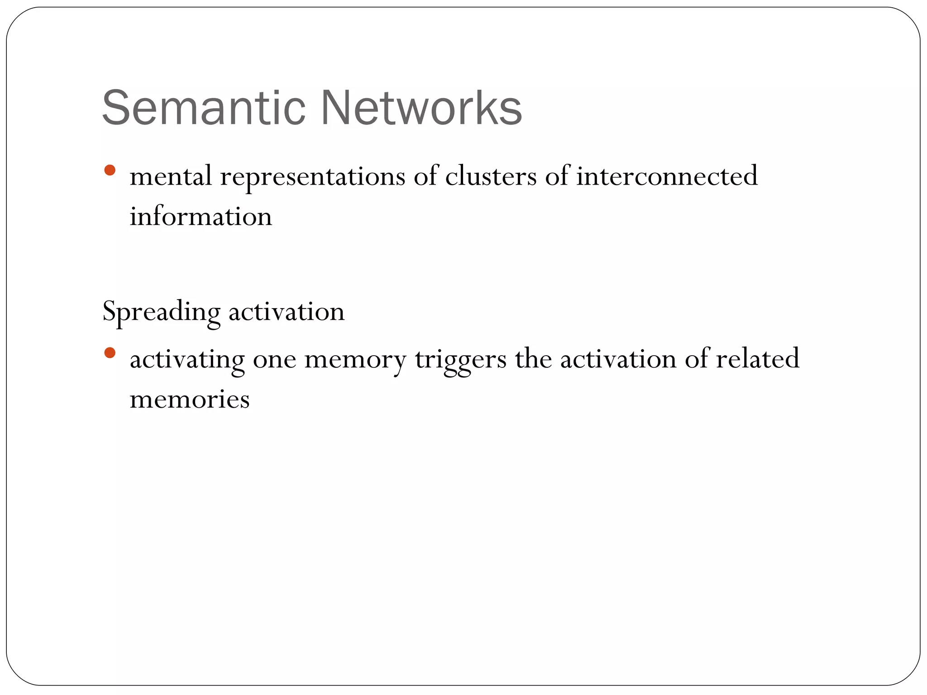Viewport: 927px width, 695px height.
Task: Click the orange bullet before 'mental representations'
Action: click(110, 171)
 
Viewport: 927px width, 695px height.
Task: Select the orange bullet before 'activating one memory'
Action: click(110, 352)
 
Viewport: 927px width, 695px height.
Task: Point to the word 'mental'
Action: click(170, 176)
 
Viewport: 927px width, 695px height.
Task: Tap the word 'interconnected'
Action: click(666, 176)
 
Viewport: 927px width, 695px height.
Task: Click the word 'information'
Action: click(201, 216)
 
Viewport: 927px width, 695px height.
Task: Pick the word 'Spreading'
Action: click(161, 312)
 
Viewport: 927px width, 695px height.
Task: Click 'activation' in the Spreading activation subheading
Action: click(286, 312)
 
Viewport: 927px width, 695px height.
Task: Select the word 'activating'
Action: click(187, 360)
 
